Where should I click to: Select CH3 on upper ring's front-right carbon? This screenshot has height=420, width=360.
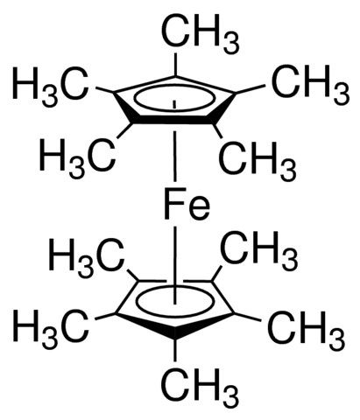click(x=258, y=157)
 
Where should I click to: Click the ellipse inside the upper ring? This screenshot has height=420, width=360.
click(x=174, y=87)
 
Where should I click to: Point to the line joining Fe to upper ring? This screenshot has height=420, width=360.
click(x=175, y=157)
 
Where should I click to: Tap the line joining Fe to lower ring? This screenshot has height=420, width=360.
click(x=175, y=265)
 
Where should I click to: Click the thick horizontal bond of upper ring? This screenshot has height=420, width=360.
click(x=173, y=120)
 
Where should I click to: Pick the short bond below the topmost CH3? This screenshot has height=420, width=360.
click(x=175, y=64)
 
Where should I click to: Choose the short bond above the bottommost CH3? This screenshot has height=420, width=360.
click(x=175, y=351)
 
